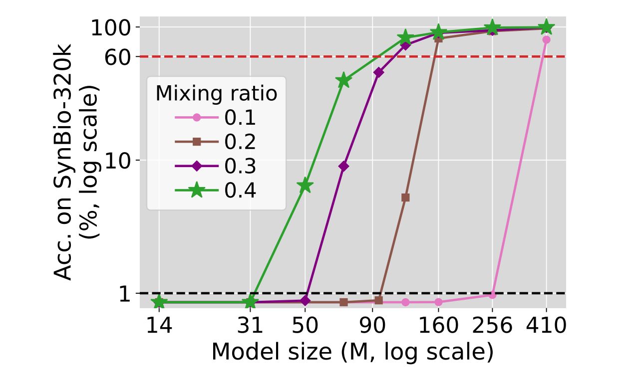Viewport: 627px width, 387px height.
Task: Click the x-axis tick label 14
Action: tap(159, 326)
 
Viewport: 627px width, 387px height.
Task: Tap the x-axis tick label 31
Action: tap(250, 326)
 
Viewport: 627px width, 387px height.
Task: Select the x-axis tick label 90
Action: tap(372, 326)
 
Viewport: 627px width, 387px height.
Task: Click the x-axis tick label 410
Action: tap(546, 326)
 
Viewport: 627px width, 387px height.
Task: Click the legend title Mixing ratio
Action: tap(216, 93)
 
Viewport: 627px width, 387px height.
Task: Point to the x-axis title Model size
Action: tap(352, 352)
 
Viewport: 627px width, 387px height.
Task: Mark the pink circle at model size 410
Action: tap(546, 39)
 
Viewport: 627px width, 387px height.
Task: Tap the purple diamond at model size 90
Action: tap(378, 72)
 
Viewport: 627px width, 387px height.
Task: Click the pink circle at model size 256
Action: tap(492, 295)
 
